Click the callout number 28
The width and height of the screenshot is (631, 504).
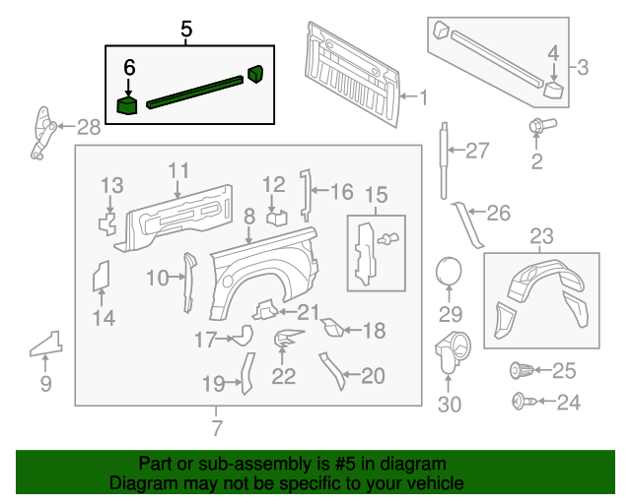(89, 126)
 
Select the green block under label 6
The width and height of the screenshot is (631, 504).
(127, 104)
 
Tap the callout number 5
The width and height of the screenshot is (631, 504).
(186, 30)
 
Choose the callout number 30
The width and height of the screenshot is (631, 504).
(450, 404)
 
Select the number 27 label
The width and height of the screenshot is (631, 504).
(477, 151)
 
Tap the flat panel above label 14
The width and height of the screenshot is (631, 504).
(101, 276)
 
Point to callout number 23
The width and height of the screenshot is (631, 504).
(542, 236)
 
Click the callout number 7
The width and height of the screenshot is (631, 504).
(217, 427)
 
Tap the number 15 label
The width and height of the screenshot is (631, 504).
(376, 196)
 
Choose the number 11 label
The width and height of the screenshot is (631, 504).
(177, 170)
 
